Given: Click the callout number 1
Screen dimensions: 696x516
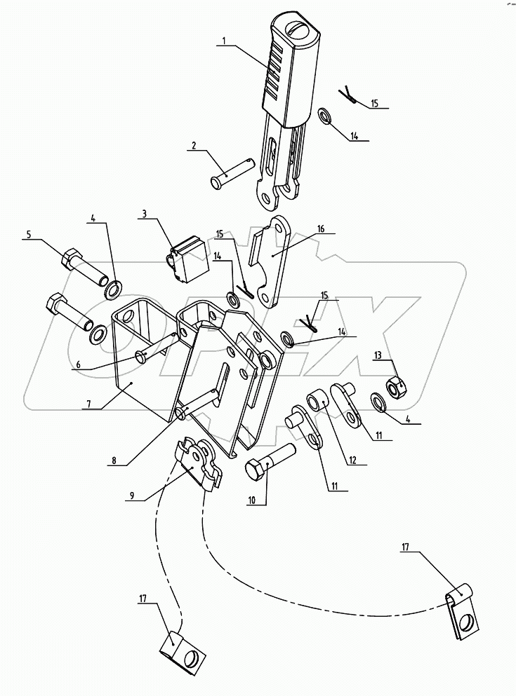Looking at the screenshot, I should tap(223, 41).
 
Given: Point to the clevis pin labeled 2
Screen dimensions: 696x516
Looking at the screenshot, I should tap(232, 172).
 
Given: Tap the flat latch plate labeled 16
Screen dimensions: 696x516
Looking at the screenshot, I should tap(274, 263).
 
